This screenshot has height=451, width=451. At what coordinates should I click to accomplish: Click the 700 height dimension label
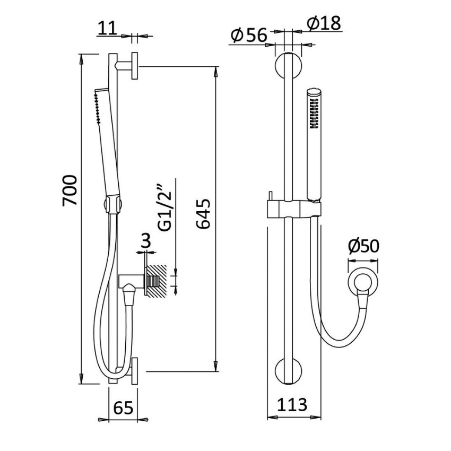point(71,190)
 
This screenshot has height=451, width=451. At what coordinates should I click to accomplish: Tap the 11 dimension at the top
point(107,28)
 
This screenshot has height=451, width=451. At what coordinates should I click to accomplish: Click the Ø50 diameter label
point(364,247)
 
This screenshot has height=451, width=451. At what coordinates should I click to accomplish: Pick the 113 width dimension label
point(292,405)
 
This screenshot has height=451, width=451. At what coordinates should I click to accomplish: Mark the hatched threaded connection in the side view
point(156,281)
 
